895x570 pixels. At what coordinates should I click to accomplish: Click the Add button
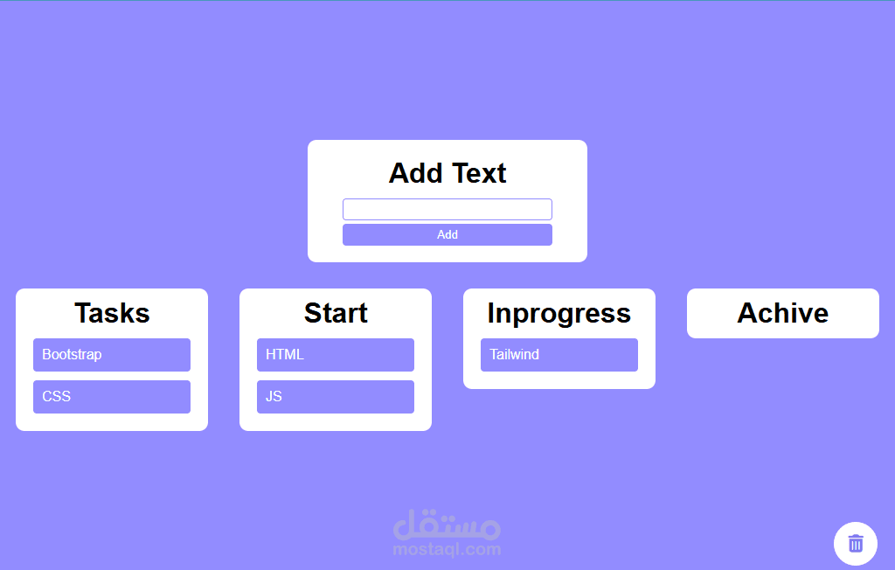(x=447, y=235)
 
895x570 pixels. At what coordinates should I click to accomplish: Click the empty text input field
(x=447, y=209)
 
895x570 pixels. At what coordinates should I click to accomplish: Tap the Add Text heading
(x=447, y=173)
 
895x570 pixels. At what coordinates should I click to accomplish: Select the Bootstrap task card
(x=112, y=355)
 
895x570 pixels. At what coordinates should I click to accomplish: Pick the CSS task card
(x=112, y=396)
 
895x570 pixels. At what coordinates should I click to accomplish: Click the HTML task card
(x=336, y=355)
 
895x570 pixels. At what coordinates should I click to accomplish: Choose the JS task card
(x=336, y=396)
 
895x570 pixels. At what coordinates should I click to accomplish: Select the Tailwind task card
(x=559, y=355)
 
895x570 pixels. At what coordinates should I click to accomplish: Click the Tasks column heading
(x=112, y=313)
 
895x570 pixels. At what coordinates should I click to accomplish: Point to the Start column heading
(x=336, y=313)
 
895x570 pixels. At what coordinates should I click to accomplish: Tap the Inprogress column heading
(x=559, y=314)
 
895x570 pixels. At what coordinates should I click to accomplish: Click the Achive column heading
(x=782, y=313)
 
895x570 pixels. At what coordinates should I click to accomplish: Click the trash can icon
(x=856, y=543)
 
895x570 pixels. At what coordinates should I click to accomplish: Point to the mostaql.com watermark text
(x=447, y=549)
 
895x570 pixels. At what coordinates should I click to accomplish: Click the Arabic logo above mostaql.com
(x=447, y=525)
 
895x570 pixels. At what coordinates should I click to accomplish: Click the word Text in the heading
(x=479, y=173)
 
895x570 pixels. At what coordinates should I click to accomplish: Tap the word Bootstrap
(x=72, y=355)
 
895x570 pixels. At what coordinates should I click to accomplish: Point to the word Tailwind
(x=514, y=355)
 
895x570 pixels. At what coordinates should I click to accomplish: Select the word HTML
(x=285, y=355)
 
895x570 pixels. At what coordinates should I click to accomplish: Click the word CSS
(x=57, y=396)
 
